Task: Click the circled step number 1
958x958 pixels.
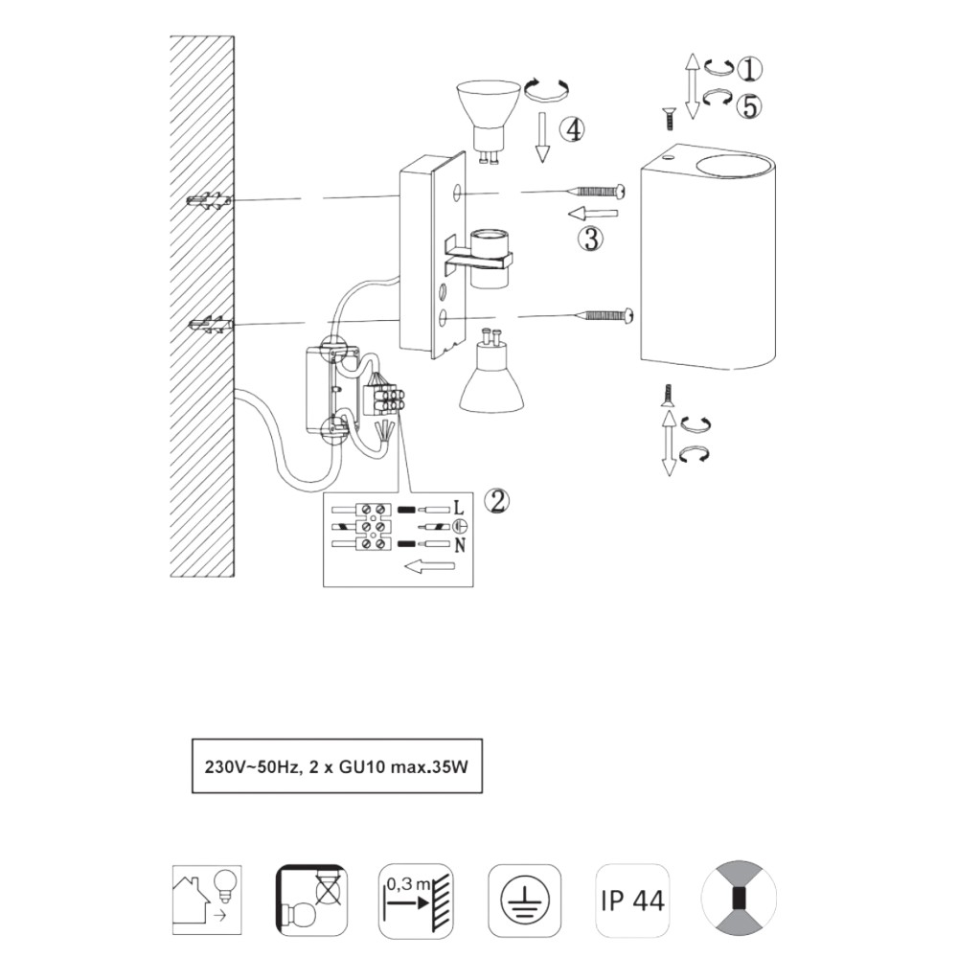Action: tap(749, 68)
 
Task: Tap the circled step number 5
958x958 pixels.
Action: tap(749, 106)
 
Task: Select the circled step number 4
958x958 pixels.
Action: tap(572, 129)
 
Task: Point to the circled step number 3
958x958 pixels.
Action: tap(591, 239)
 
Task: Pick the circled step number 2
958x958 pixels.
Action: tap(497, 502)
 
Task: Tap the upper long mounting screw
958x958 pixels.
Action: tap(598, 192)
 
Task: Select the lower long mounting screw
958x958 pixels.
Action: tap(604, 316)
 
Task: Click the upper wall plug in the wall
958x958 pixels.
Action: tap(210, 201)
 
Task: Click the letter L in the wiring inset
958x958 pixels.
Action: tap(459, 508)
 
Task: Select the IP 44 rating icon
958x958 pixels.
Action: tap(632, 901)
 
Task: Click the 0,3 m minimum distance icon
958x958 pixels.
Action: tap(416, 901)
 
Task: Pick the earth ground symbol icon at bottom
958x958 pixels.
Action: tap(525, 901)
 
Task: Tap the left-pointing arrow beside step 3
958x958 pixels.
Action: tap(593, 214)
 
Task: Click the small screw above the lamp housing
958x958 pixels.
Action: tap(669, 118)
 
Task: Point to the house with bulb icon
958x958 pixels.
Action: tap(207, 901)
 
